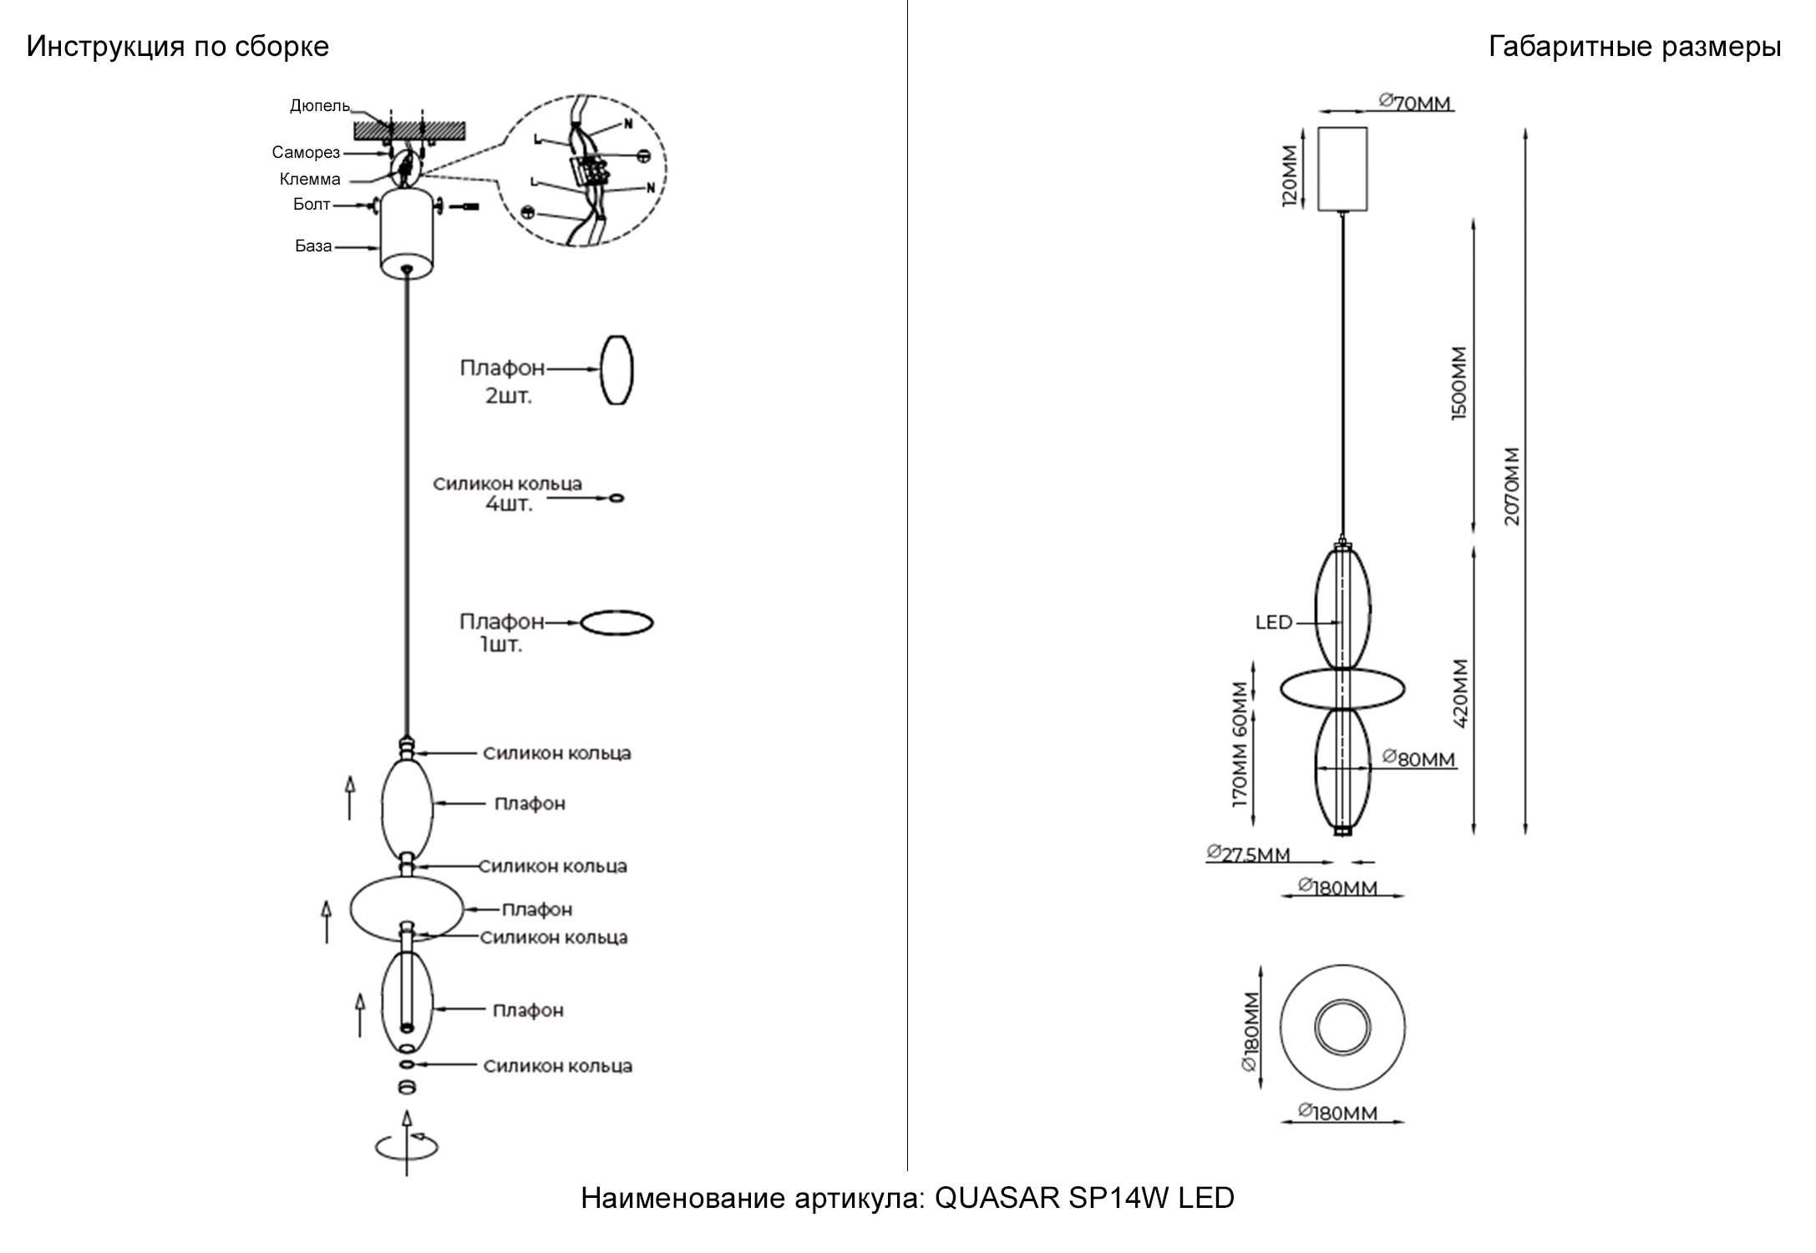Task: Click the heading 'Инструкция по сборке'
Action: click(x=178, y=47)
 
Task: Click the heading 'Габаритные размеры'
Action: click(x=1634, y=47)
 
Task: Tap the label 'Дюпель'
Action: click(x=319, y=106)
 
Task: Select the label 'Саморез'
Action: click(x=306, y=153)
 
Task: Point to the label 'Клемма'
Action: click(x=310, y=180)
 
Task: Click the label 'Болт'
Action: click(x=312, y=205)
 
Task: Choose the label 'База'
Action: click(x=313, y=246)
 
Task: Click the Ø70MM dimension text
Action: click(x=1415, y=104)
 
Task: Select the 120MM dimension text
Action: click(x=1291, y=176)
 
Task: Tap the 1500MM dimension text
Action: click(x=1459, y=383)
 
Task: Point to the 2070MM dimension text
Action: click(x=1513, y=487)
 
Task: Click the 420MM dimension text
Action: click(x=1459, y=694)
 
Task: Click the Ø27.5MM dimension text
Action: click(x=1249, y=855)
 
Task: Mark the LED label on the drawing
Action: click(x=1274, y=623)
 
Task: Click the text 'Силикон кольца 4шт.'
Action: click(x=507, y=494)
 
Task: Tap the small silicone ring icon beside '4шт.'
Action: click(x=616, y=499)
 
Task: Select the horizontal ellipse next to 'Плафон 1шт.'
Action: click(x=616, y=623)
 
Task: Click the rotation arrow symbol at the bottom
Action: click(x=407, y=1146)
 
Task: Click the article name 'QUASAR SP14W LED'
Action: click(x=1083, y=1199)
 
